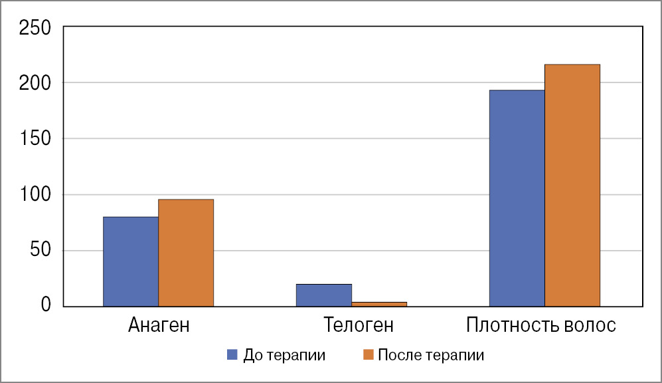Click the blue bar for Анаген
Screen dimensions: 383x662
(131, 261)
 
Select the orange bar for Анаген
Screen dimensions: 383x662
(186, 253)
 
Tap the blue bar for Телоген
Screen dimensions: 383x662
(324, 295)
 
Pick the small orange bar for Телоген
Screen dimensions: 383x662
(379, 304)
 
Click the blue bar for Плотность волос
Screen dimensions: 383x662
(517, 198)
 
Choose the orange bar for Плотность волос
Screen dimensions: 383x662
(572, 186)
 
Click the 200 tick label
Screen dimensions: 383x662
(35, 83)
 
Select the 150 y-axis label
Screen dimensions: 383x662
(35, 139)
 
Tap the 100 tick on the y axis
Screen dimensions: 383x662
(35, 195)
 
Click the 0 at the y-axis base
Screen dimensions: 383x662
(45, 306)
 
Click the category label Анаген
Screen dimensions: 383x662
(159, 326)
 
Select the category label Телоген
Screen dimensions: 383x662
(359, 326)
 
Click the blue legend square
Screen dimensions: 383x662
(232, 354)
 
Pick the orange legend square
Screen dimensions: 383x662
(369, 354)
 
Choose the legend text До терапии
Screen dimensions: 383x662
(284, 355)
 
